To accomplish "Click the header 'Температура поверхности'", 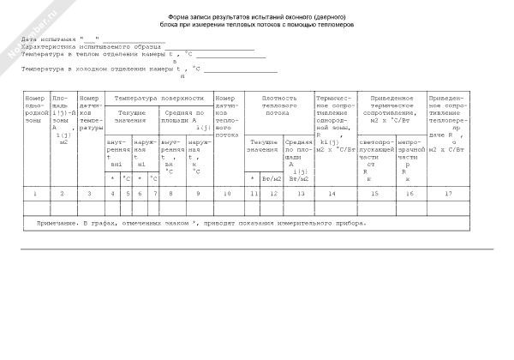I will click(x=158, y=99).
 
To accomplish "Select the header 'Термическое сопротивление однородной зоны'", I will click(x=334, y=117).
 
